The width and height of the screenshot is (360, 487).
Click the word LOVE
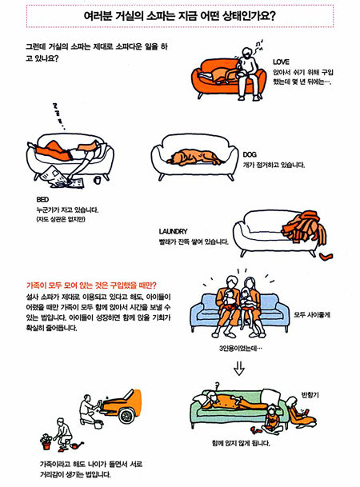[281, 62]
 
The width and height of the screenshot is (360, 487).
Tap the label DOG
[250, 154]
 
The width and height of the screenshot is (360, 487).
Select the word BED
[42, 199]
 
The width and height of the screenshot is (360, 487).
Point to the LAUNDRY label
[173, 231]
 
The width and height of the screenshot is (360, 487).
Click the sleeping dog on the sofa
[194, 158]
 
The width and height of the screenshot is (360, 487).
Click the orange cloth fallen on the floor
[326, 257]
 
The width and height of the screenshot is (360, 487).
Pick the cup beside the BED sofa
[98, 180]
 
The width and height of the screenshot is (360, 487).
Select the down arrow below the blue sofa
[239, 369]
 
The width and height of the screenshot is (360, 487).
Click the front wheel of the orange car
[126, 415]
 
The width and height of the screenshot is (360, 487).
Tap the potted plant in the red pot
[46, 441]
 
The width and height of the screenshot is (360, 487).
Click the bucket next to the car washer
[98, 425]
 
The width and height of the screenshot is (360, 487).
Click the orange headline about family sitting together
[91, 285]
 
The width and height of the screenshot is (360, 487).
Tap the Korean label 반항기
[310, 395]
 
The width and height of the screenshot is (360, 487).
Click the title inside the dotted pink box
[179, 16]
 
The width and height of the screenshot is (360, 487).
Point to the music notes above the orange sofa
[258, 45]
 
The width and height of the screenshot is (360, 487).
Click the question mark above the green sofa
[218, 385]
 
